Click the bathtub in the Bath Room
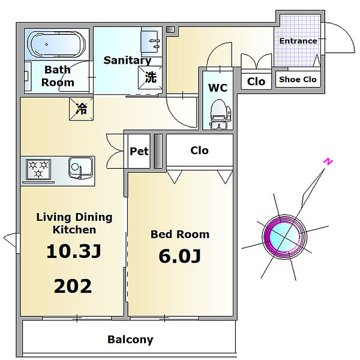click(x=56, y=44)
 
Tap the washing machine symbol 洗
click(x=150, y=77)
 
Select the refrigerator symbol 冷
click(x=81, y=109)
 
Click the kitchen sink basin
click(x=79, y=167)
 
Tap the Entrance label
click(x=298, y=41)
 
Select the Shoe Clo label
click(x=298, y=79)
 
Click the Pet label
click(x=139, y=151)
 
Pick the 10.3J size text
click(x=73, y=251)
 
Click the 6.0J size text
click(x=179, y=256)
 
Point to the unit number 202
click(x=73, y=286)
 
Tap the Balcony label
click(x=130, y=340)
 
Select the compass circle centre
click(x=286, y=236)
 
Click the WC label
click(x=217, y=88)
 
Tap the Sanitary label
click(x=127, y=60)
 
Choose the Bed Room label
click(x=179, y=234)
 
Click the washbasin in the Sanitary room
click(x=151, y=41)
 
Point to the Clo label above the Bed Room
click(x=199, y=150)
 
